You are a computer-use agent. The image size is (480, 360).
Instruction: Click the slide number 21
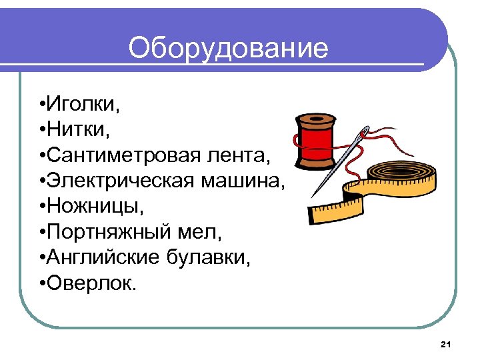pyautogui.click(x=446, y=344)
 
